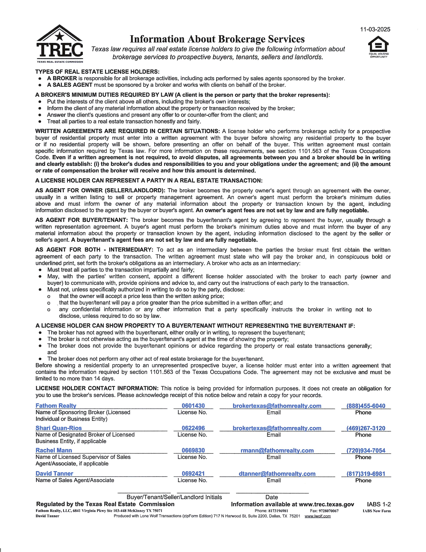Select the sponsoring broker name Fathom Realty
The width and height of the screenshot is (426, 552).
pyautogui.click(x=56, y=406)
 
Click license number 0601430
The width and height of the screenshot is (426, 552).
pyautogui.click(x=193, y=406)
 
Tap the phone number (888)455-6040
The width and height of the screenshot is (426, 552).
pyautogui.click(x=366, y=406)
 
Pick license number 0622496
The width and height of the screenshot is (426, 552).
pyautogui.click(x=193, y=428)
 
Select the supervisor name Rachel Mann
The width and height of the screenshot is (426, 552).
pyautogui.click(x=54, y=450)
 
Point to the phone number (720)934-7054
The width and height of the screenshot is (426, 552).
pyautogui.click(x=366, y=450)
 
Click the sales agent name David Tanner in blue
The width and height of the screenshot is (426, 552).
pyautogui.click(x=54, y=473)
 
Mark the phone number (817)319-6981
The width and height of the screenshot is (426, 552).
pyautogui.click(x=366, y=474)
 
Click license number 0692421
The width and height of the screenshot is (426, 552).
pyautogui.click(x=193, y=473)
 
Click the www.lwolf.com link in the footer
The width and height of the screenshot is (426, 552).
pyautogui.click(x=317, y=516)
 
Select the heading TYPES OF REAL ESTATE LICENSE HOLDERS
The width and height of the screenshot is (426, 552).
pyautogui.click(x=97, y=72)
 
